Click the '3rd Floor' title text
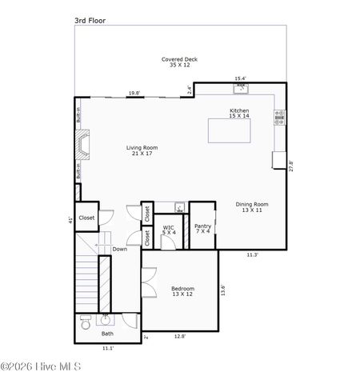pos(90,19)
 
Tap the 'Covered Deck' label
pos(179,62)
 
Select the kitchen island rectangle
pos(239,130)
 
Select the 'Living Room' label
pos(142,150)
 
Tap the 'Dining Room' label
pos(252,207)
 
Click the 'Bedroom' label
pos(182,291)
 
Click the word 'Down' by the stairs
pos(119,249)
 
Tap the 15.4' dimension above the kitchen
pos(240,78)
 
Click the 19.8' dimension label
pos(134,94)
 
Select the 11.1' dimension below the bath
pos(107,349)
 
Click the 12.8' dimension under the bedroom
pos(180,337)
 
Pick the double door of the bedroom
pos(146,284)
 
